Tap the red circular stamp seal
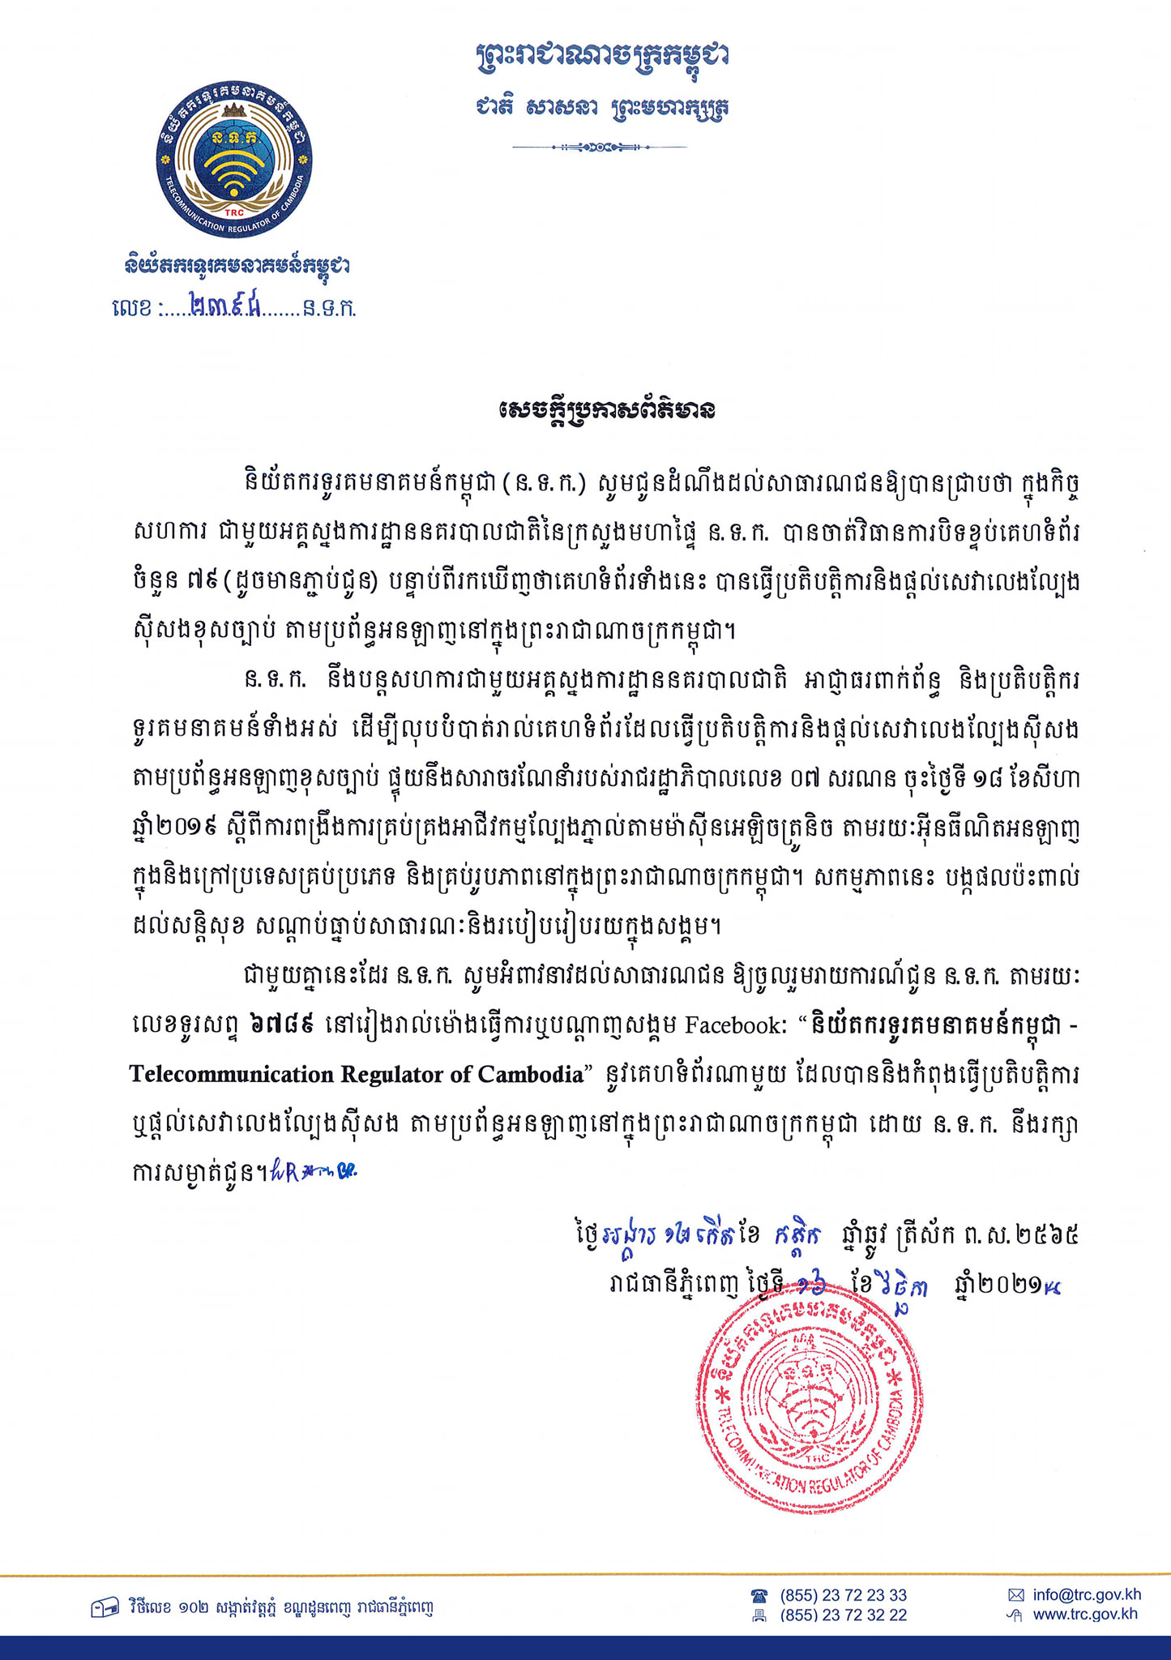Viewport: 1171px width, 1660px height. point(809,1401)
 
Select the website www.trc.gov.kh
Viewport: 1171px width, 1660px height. point(1085,1614)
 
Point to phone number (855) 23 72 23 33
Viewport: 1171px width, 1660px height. point(843,1595)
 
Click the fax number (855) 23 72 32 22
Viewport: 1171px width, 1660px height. point(843,1615)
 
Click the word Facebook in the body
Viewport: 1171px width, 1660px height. point(735,1026)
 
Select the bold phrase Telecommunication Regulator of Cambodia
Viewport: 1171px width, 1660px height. point(357,1075)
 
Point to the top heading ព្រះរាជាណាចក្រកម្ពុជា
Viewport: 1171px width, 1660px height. point(602,58)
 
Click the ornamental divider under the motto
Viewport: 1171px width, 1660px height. point(600,148)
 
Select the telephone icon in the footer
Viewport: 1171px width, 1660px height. point(759,1595)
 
